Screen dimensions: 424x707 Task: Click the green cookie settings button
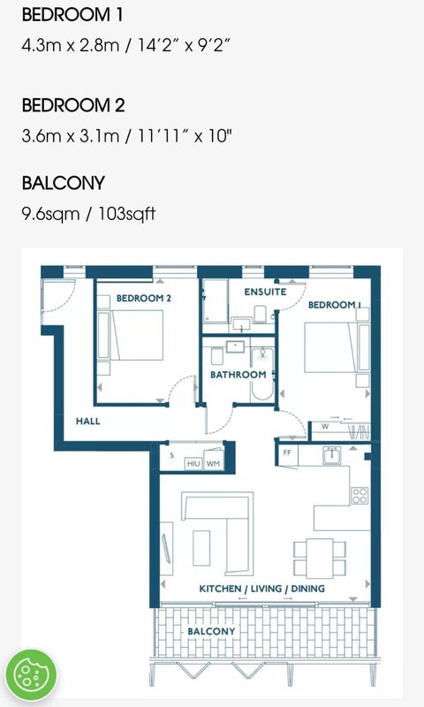tap(31, 674)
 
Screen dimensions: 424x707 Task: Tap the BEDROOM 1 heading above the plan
tap(72, 15)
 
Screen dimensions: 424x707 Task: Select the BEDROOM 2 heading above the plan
tap(73, 105)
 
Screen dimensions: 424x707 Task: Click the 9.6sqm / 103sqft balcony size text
tap(88, 213)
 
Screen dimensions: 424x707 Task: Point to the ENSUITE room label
tap(265, 292)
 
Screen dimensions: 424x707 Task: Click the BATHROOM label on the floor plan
tap(238, 374)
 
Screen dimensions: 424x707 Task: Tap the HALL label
tap(87, 422)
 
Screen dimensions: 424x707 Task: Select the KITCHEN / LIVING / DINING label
tap(261, 589)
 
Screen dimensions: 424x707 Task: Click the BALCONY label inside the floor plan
tap(211, 631)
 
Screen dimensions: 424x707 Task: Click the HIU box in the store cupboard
tap(193, 463)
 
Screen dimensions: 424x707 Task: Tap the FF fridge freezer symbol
tap(287, 452)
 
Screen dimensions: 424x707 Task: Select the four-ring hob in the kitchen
tap(360, 496)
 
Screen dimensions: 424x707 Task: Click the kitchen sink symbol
tap(331, 455)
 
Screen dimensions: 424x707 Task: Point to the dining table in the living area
tap(320, 559)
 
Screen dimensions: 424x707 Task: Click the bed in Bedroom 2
tap(137, 335)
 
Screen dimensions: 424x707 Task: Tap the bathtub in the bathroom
tap(262, 374)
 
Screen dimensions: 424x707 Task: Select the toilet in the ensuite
tap(260, 315)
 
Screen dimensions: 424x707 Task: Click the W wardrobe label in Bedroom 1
tap(325, 426)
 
